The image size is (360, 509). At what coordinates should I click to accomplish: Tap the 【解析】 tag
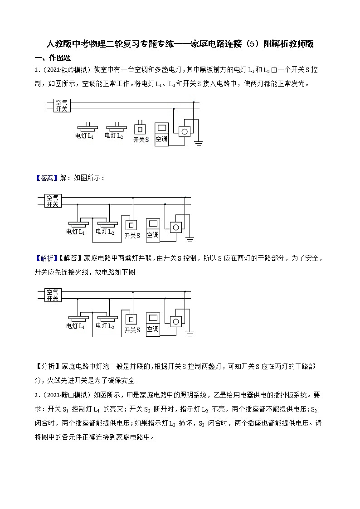click(x=47, y=258)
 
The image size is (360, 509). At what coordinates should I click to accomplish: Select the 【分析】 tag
click(x=47, y=365)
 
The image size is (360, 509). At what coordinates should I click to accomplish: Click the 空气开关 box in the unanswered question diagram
click(x=61, y=106)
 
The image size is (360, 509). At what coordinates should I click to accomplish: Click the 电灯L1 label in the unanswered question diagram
click(x=84, y=136)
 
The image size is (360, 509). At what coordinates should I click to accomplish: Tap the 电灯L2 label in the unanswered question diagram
click(x=114, y=136)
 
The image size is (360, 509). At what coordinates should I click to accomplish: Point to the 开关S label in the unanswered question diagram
click(x=141, y=140)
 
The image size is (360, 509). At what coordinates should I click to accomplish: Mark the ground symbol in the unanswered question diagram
click(x=198, y=143)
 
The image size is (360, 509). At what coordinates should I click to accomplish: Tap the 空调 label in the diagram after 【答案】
click(x=153, y=235)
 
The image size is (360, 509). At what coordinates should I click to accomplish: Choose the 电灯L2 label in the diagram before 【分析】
click(x=105, y=326)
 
